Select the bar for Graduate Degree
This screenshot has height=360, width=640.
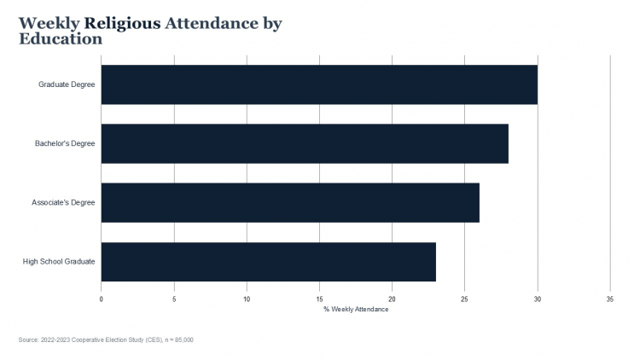pos(319,84)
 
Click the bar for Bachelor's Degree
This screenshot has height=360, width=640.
pos(305,143)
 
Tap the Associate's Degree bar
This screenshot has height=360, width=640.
pos(290,202)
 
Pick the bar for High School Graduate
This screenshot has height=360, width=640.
pos(269,261)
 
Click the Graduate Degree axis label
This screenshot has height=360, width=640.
pos(67,84)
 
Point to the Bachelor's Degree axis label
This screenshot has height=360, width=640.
pos(65,143)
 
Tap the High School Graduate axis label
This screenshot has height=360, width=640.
pos(59,261)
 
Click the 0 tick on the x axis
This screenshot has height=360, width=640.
pos(102,299)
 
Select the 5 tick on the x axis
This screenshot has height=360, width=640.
pos(174,299)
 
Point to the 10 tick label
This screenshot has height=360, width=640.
pos(247,299)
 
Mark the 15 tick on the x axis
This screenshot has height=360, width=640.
pos(319,299)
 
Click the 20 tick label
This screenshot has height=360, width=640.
pos(393,299)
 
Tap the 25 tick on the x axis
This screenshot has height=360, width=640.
pos(465,299)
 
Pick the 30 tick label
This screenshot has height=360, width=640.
pos(538,299)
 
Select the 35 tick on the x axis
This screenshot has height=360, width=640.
pos(610,299)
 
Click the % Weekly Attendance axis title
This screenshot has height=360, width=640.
pos(356,309)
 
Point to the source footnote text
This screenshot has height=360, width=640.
pos(106,340)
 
